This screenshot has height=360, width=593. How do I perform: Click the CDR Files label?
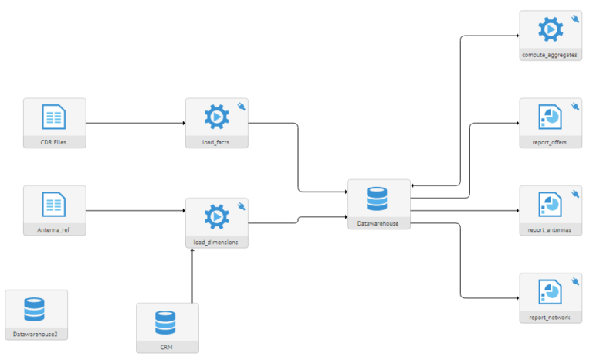pyautogui.click(x=54, y=142)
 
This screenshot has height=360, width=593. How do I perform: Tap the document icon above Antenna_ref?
pyautogui.click(x=54, y=205)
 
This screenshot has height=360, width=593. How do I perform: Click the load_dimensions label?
pyautogui.click(x=216, y=243)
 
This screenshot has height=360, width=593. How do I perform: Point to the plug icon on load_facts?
pyautogui.click(x=241, y=106)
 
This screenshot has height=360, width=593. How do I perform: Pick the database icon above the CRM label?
pyautogui.click(x=167, y=324)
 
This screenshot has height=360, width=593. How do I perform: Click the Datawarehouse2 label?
pyautogui.click(x=36, y=335)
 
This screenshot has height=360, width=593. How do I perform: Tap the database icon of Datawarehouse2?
pyautogui.click(x=36, y=310)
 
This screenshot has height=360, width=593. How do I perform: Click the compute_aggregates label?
pyautogui.click(x=550, y=56)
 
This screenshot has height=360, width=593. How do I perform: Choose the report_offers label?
pyautogui.click(x=550, y=142)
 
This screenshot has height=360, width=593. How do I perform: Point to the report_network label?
pyautogui.click(x=550, y=317)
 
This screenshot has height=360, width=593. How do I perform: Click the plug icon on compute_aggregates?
pyautogui.click(x=574, y=19)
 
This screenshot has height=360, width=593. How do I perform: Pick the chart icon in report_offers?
pyautogui.click(x=550, y=118)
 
